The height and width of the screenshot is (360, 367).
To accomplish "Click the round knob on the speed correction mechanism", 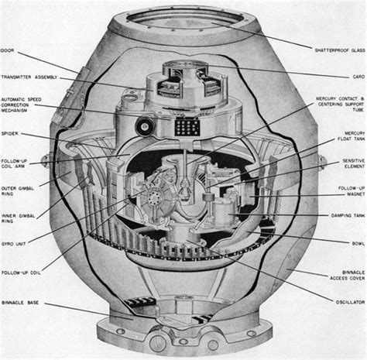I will point(143,125).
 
